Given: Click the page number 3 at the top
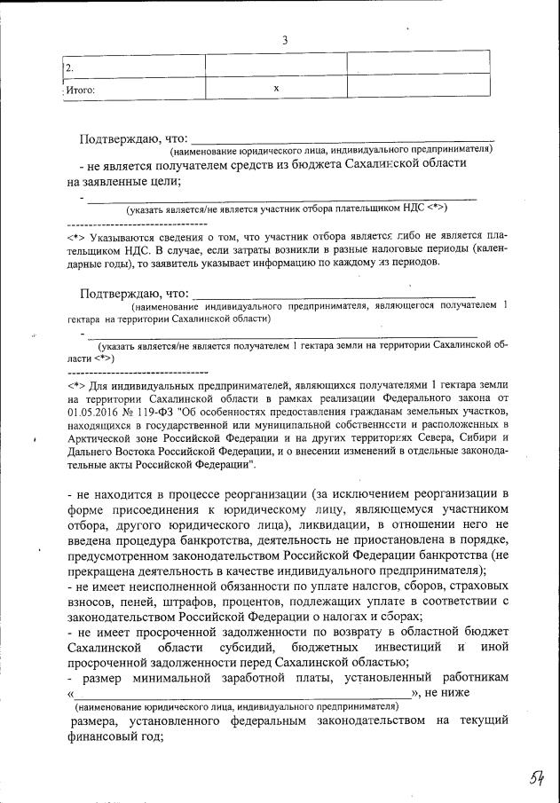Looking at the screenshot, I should pos(284,40).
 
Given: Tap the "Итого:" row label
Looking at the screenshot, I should pos(81,89).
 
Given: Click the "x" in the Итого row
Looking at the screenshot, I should pos(276,88).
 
